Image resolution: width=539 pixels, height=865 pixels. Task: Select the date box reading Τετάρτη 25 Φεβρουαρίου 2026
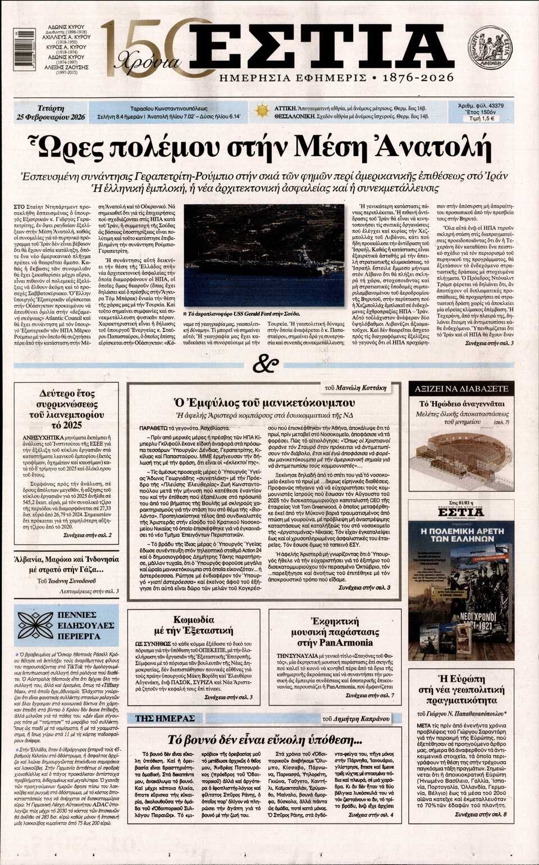[x=51, y=112]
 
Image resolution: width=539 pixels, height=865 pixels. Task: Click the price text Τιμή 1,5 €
[x=481, y=118]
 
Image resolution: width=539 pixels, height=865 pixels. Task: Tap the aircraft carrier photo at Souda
[x=266, y=253]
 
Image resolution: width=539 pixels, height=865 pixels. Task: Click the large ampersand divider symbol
[x=266, y=365]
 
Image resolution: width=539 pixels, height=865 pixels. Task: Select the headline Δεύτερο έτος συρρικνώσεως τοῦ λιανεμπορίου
[x=67, y=409]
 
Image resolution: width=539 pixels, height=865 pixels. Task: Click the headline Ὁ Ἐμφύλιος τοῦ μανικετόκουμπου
[x=264, y=402]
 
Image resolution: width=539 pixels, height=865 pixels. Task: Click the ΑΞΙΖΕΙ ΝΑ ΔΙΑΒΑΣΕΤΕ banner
[x=460, y=388]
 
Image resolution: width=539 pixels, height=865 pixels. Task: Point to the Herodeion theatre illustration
[x=460, y=452]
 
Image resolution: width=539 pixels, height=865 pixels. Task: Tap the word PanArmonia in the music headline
[x=350, y=642]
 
